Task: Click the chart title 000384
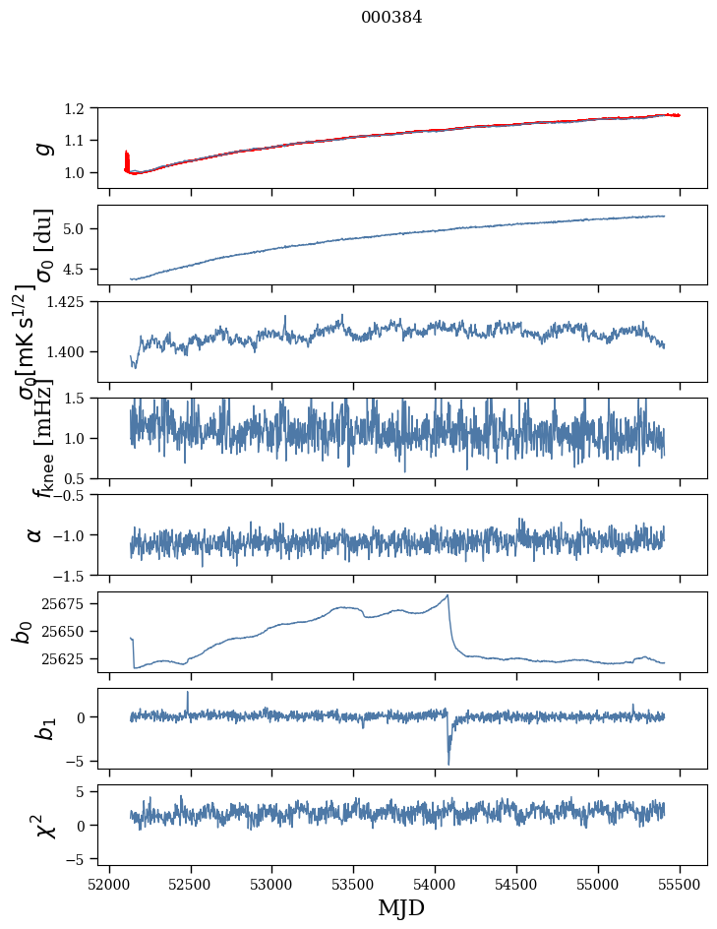pos(391,18)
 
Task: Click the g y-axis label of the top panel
pos(41,148)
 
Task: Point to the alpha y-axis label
pos(35,534)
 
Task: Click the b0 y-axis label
pos(22,632)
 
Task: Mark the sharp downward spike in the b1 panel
pos(448,763)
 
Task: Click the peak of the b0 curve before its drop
pos(448,595)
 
